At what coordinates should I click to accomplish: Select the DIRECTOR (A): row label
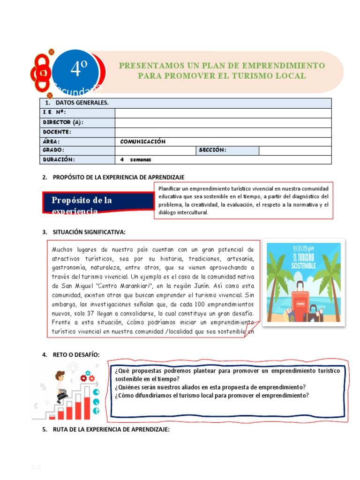(63, 122)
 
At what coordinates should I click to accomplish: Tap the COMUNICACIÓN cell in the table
(142, 142)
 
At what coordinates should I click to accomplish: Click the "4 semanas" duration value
(135, 160)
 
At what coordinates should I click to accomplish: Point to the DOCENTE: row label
(57, 132)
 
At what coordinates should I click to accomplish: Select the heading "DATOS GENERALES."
(82, 103)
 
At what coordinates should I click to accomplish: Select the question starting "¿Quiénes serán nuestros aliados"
(210, 387)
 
